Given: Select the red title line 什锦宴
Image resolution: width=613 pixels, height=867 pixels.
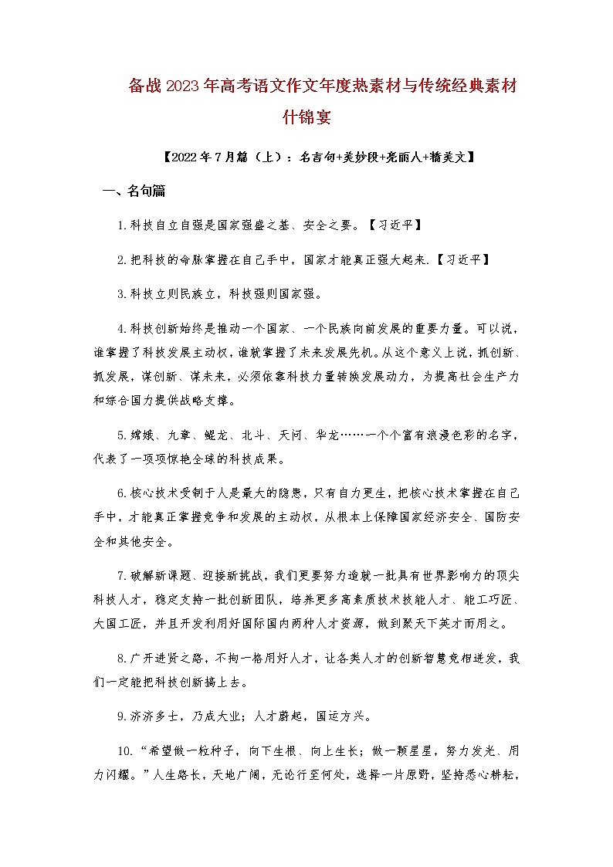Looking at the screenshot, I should [x=306, y=117].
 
